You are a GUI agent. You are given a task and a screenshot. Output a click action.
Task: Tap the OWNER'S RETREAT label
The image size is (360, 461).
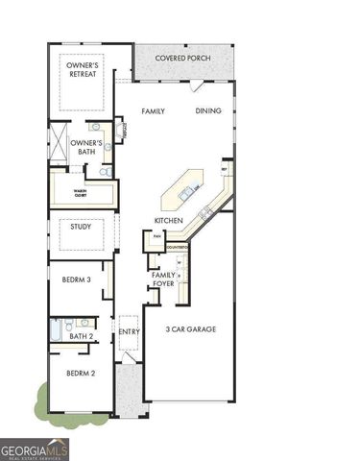pyautogui.click(x=82, y=71)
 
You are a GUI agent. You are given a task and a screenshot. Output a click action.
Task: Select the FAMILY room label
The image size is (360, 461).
pyautogui.click(x=154, y=111)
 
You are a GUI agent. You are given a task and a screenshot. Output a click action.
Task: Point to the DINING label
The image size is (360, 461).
pyautogui.click(x=208, y=111)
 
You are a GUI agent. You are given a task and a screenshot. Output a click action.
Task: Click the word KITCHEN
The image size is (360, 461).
pyautogui.click(x=169, y=220)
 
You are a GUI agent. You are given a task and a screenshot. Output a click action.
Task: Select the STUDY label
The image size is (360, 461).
pyautogui.click(x=81, y=228)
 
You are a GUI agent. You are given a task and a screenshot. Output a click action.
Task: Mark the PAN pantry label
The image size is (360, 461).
pyautogui.click(x=156, y=234)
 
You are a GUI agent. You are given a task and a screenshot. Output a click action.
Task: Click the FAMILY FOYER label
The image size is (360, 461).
pyautogui.click(x=163, y=280)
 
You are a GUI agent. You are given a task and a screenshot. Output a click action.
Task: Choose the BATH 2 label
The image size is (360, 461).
pyautogui.click(x=82, y=336)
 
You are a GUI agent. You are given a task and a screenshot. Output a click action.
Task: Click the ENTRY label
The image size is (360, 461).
pyautogui.click(x=130, y=332)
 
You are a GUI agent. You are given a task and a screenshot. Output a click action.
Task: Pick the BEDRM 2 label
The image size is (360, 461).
pyautogui.click(x=81, y=373)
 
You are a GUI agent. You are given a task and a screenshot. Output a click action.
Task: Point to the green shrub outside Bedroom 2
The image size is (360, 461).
pyautogui.click(x=42, y=398)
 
